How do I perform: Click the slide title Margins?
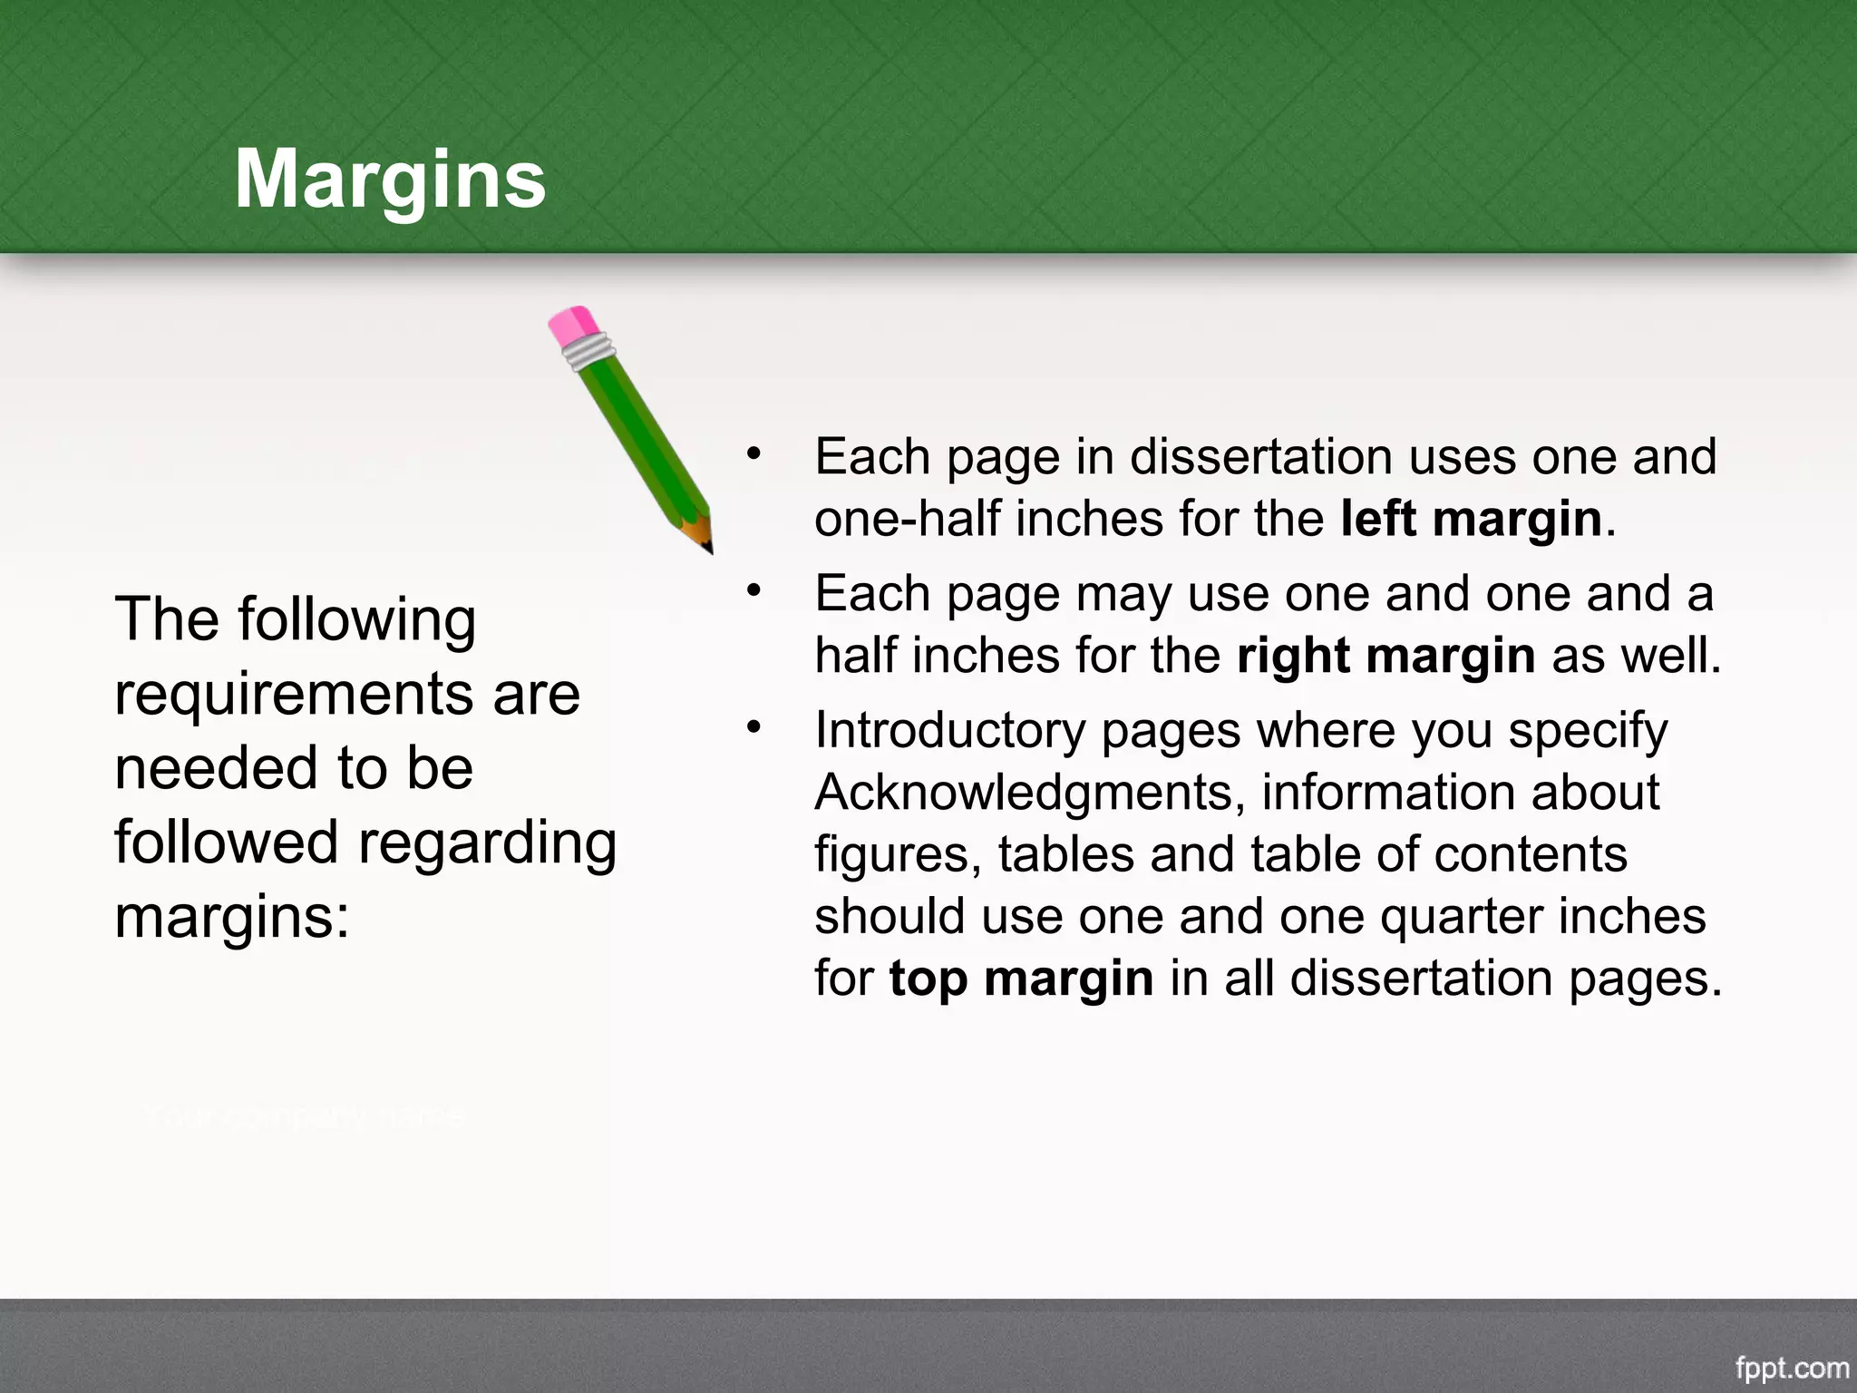(390, 180)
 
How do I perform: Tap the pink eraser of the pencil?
(573, 325)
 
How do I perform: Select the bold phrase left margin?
(1471, 519)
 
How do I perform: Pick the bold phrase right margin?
(1385, 656)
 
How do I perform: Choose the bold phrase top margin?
(1021, 979)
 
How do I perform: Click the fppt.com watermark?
(1792, 1368)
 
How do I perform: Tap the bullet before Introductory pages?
(753, 727)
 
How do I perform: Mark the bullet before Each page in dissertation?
(753, 453)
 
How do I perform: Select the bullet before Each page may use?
(753, 590)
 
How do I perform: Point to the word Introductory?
(950, 730)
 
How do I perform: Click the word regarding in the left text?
(488, 843)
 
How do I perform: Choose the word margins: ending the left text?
(232, 918)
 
